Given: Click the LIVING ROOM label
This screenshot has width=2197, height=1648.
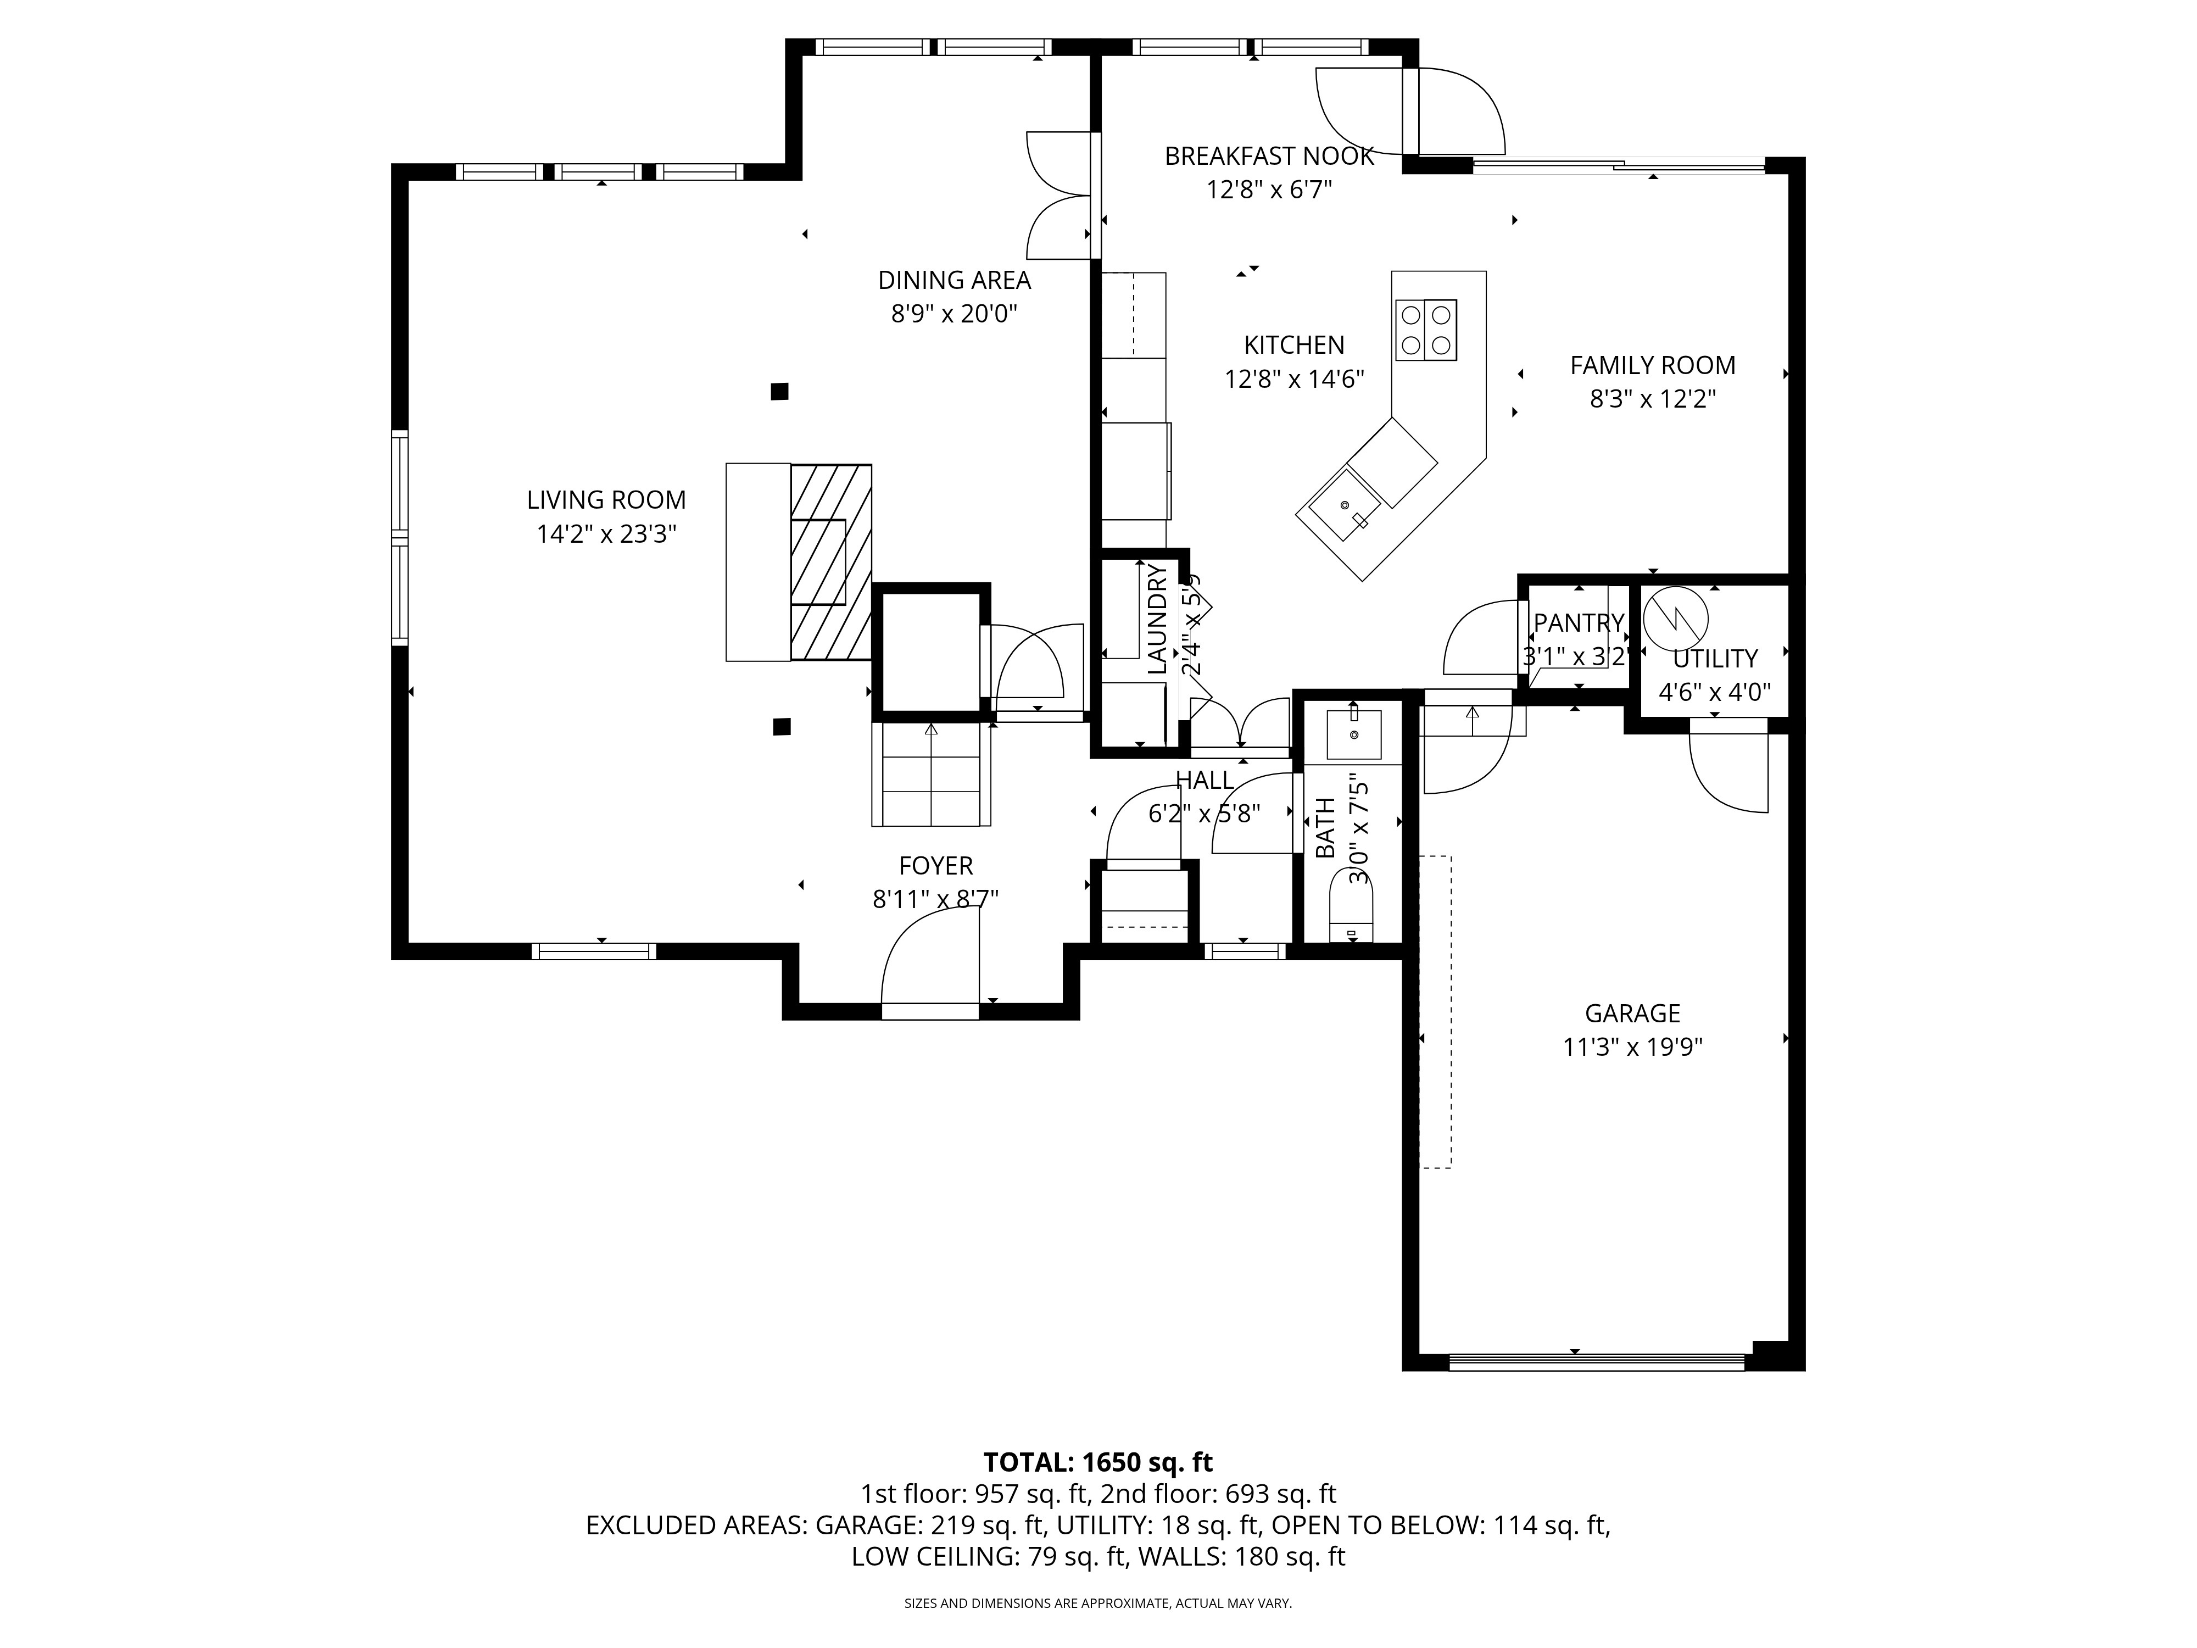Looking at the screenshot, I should tap(606, 500).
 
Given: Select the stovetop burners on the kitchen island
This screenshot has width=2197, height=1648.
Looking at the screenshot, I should tap(1425, 330).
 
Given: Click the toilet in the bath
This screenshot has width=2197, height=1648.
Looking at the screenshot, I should tap(1351, 914).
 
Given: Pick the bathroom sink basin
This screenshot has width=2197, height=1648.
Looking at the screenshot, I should tap(1353, 733).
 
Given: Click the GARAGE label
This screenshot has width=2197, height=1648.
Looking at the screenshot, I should tap(1632, 1013).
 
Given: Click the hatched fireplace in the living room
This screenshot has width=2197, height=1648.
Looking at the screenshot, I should tap(830, 563).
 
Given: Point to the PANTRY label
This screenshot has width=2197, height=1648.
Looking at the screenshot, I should tap(1577, 623).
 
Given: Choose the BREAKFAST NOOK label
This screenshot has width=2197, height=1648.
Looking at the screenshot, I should tap(1268, 156).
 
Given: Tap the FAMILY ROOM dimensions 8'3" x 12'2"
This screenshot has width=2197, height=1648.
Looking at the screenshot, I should tap(1653, 399).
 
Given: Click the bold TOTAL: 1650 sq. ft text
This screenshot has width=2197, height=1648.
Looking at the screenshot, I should tap(1097, 1462).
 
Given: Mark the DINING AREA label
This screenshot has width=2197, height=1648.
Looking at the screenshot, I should tap(953, 280).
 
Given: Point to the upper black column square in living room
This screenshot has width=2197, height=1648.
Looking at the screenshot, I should tap(780, 391).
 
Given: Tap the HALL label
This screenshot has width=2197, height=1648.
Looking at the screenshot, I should tap(1204, 780).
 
